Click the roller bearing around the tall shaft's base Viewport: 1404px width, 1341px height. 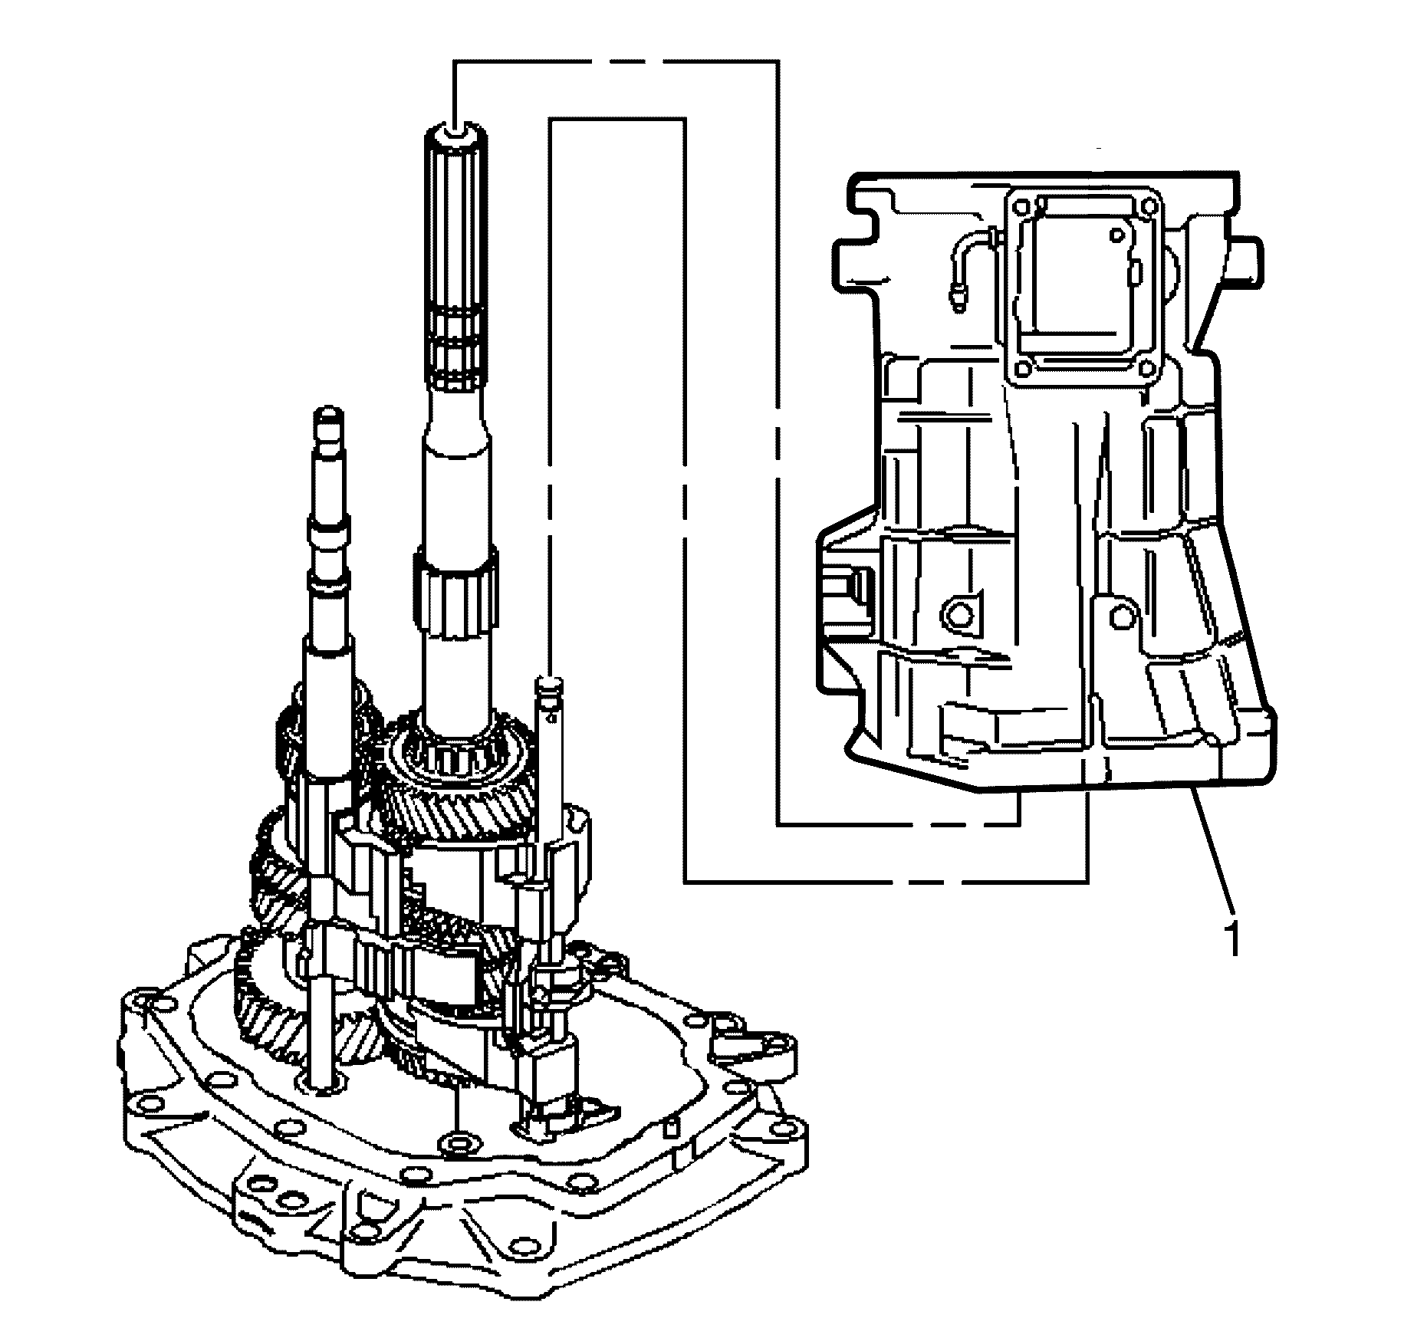click(461, 759)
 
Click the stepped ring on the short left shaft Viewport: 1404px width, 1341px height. click(328, 532)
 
